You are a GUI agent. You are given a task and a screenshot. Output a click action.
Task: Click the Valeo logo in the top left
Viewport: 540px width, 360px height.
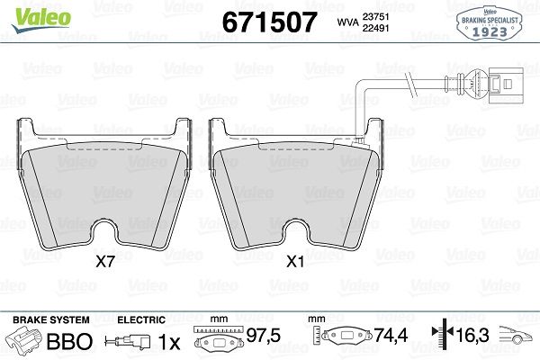click(x=29, y=14)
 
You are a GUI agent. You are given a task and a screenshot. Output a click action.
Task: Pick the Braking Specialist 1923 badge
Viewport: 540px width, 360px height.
click(x=491, y=22)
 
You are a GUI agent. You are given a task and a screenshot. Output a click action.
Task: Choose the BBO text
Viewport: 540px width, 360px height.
click(x=68, y=342)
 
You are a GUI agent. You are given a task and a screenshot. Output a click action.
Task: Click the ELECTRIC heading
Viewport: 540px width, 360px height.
click(x=141, y=320)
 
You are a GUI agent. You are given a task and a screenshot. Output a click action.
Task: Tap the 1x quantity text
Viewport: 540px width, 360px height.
click(x=169, y=342)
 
